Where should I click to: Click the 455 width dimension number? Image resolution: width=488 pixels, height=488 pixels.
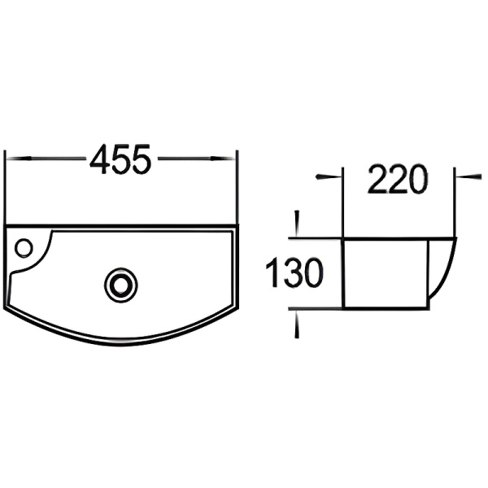click(x=120, y=159)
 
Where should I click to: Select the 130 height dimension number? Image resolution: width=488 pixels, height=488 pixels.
click(x=295, y=273)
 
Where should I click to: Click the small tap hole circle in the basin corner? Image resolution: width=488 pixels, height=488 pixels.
click(x=24, y=246)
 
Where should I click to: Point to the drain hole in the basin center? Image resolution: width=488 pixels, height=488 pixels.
click(x=120, y=284)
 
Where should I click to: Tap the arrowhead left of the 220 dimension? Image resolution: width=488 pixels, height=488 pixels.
click(x=333, y=175)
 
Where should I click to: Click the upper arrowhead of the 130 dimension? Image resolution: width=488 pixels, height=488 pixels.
click(x=297, y=231)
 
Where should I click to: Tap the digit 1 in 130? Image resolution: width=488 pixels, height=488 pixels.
click(x=273, y=273)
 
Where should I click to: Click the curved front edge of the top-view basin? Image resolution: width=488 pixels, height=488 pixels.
click(x=122, y=342)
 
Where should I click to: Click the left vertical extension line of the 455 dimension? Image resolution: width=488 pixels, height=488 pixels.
click(x=6, y=187)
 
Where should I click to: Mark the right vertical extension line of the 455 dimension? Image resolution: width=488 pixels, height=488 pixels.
click(x=236, y=187)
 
